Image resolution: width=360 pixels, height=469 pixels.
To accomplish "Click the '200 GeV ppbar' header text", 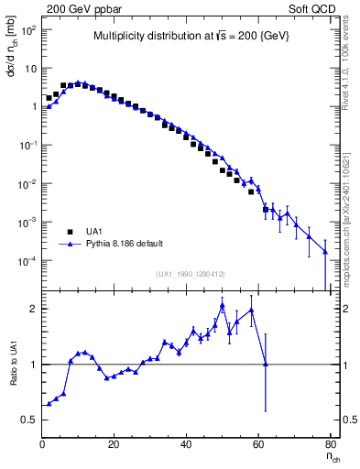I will [x=80, y=8].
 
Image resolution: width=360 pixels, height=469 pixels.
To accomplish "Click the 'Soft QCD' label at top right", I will [x=313, y=8].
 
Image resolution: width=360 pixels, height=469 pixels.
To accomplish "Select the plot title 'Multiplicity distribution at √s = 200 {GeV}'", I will [x=186, y=37].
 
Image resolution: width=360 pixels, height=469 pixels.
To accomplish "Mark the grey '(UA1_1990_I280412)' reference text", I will [x=191, y=274].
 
